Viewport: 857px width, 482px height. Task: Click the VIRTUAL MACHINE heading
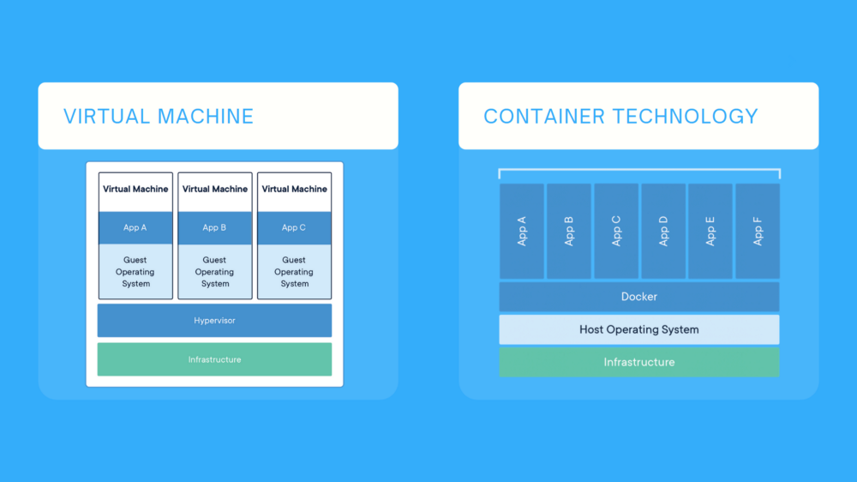159,117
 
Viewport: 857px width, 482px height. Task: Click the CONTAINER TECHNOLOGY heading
620,117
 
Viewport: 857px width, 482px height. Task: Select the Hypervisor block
214,320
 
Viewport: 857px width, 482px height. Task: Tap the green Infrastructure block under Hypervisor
214,359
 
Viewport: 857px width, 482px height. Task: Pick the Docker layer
639,297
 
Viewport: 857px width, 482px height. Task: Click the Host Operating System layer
639,329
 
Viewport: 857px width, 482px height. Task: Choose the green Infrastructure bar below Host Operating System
639,362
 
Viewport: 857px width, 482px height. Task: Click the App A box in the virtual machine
135,228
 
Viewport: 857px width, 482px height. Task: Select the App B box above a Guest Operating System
215,228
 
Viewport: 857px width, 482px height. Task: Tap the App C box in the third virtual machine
294,228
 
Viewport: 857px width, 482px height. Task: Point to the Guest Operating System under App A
135,271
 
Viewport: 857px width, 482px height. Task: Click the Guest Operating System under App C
294,271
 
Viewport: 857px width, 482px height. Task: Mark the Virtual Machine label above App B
215,189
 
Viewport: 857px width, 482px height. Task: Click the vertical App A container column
522,231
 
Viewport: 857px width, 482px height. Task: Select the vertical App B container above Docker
569,231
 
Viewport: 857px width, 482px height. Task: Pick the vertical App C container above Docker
616,231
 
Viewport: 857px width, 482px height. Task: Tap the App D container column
663,231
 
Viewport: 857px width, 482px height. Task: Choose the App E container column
710,231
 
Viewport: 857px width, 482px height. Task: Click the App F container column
758,231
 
